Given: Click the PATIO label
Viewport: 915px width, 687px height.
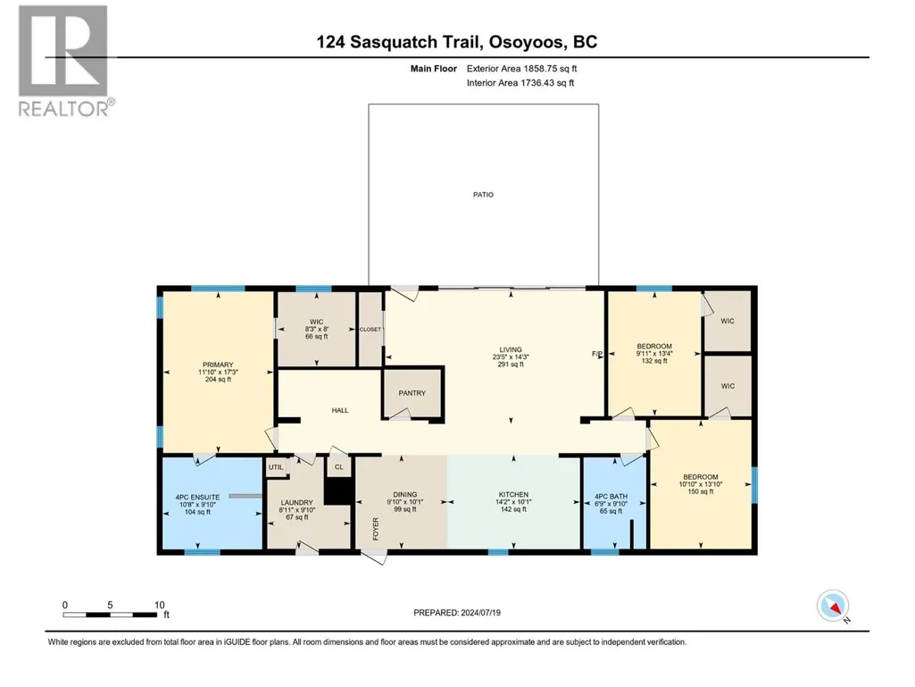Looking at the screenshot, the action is click(483, 195).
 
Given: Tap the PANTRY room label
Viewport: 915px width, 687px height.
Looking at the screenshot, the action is click(412, 393).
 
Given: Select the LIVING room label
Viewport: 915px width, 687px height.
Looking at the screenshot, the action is click(511, 349).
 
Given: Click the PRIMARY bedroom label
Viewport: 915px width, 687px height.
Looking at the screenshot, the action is click(218, 364).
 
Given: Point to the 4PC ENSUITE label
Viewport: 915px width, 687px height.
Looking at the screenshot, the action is click(198, 498).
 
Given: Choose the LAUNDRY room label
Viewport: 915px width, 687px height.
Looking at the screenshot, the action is click(297, 502).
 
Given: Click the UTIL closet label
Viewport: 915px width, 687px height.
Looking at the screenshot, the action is click(276, 467).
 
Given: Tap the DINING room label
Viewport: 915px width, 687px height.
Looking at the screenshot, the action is click(405, 494).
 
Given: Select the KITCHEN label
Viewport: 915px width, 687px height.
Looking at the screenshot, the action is click(513, 494).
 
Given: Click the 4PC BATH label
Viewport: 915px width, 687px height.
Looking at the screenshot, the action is click(611, 497).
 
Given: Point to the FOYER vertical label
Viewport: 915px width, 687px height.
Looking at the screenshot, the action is click(376, 529).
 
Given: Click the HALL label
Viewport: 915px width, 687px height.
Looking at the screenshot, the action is click(340, 410).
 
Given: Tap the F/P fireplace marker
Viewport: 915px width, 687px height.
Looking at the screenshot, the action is click(597, 354).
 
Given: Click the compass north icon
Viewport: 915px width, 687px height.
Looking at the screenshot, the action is click(833, 606).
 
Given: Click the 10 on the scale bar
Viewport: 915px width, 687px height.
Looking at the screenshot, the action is click(159, 605).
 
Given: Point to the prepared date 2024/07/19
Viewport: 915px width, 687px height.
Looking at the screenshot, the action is click(481, 613).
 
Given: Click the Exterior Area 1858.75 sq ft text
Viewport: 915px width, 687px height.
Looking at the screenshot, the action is click(521, 69).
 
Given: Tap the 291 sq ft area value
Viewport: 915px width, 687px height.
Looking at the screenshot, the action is click(511, 364).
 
